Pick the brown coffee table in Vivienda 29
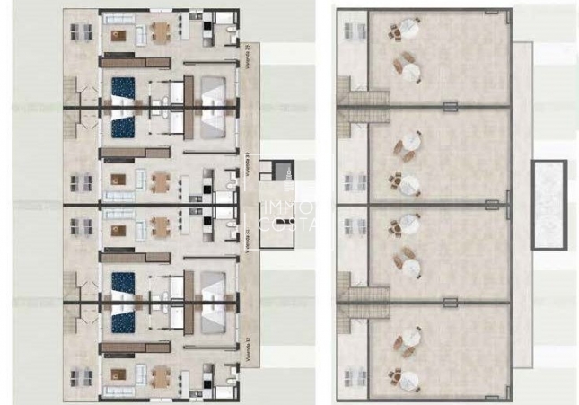[118, 34]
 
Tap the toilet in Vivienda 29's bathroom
[232, 36]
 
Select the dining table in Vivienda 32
[160, 375]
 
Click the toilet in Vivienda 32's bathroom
[232, 374]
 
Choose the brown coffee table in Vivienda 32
[118, 375]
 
